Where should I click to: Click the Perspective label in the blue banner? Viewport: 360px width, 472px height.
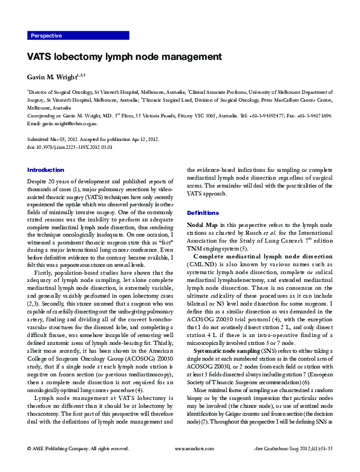click(x=46, y=36)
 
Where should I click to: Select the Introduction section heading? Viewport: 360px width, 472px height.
click(x=46, y=170)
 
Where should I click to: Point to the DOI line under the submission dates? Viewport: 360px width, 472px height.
click(x=70, y=146)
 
